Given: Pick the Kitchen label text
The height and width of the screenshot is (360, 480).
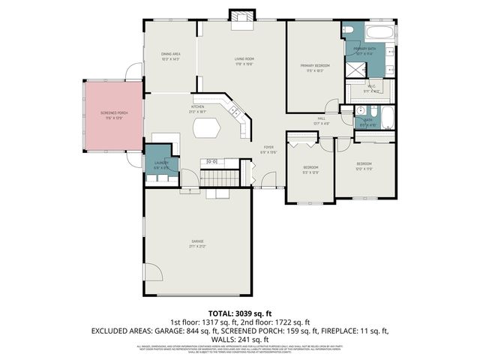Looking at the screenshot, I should coord(198,108).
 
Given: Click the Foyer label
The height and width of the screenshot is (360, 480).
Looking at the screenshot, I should coord(269,148).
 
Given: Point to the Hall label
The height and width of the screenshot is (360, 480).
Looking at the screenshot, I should coord(320,120).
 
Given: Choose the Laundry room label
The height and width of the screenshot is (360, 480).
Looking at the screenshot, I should coord(162,164).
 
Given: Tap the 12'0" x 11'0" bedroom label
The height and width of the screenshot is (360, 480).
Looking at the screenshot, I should coord(364,166).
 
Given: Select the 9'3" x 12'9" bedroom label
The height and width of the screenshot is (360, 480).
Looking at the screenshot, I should coord(310,169).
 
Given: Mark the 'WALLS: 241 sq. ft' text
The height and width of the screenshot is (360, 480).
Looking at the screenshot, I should coord(240,338).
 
